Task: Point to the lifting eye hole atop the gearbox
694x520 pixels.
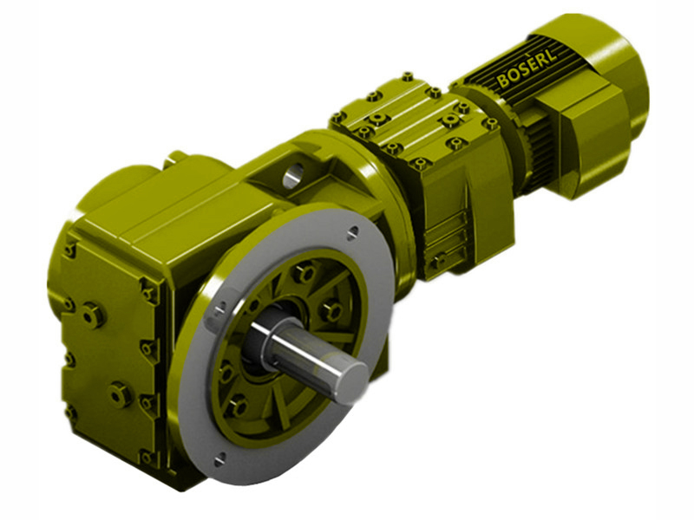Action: point(292,171)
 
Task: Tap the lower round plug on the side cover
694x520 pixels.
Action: point(118,394)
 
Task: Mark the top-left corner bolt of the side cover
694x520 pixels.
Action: point(69,250)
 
